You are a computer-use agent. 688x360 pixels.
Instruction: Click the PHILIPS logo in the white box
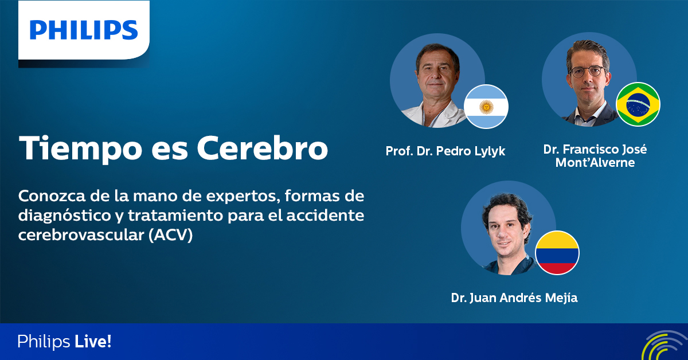[x=84, y=30]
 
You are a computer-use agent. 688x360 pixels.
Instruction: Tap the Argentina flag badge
[x=486, y=107]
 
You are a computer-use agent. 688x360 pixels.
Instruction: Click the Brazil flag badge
[x=638, y=104]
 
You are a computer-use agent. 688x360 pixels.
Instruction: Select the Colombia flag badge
[x=557, y=253]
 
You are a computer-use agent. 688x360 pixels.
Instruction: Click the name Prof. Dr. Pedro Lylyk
[x=445, y=151]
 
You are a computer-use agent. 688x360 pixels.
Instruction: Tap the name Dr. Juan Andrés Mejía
[x=514, y=298]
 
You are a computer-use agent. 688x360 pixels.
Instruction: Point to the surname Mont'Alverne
[x=595, y=163]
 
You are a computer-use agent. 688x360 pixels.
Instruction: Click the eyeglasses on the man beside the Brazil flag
[x=587, y=72]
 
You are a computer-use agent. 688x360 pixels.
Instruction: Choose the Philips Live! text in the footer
[x=64, y=342]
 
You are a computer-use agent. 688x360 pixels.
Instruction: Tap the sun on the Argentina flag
[x=486, y=107]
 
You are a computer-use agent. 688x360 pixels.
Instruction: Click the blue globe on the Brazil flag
[x=638, y=104]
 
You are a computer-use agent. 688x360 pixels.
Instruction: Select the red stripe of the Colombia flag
[x=557, y=268]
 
